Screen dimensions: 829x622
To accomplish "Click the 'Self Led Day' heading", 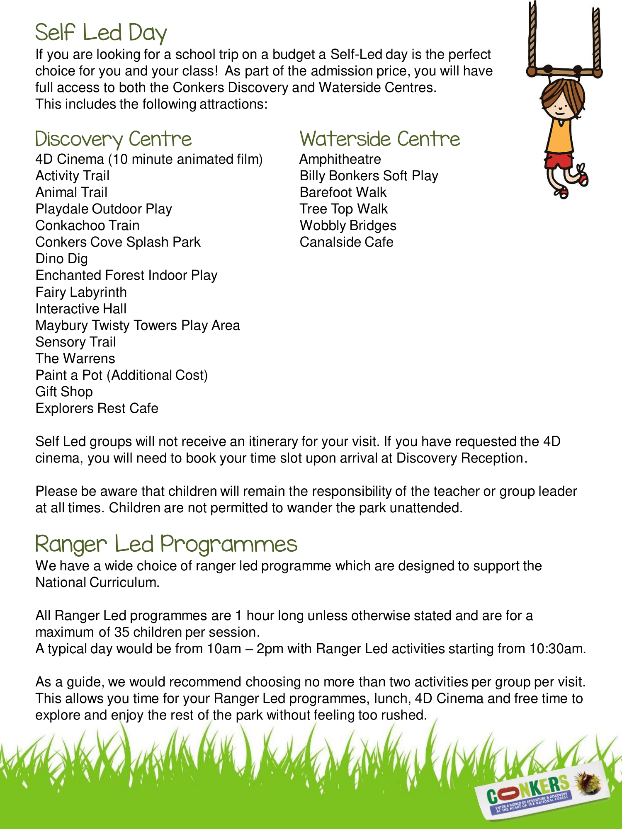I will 101,33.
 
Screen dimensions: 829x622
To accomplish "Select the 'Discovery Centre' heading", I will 113,139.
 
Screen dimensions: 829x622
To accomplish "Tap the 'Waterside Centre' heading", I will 380,139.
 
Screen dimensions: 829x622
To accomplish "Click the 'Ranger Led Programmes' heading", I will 166,544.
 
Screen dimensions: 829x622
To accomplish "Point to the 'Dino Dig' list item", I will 61,259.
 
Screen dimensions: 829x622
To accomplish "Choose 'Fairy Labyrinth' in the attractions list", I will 81,292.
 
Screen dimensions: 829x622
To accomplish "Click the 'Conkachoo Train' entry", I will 87,225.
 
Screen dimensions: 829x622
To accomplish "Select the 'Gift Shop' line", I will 64,392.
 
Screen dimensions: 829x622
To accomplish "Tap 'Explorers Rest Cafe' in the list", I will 97,408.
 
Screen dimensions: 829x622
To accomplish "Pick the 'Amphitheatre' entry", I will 340,159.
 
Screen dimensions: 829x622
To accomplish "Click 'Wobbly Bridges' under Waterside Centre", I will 348,225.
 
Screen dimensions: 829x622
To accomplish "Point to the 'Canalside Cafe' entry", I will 346,242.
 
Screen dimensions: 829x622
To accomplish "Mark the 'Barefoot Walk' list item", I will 343,192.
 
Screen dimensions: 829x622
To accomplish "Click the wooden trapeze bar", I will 564,71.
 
